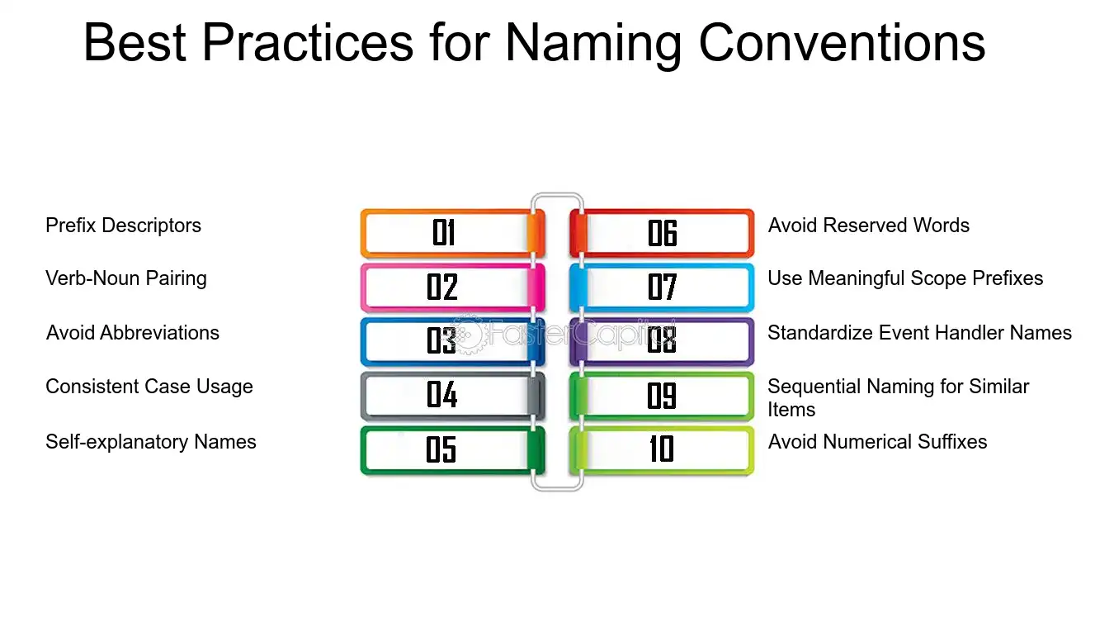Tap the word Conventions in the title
pos(842,43)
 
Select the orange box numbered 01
pos(452,233)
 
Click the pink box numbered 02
pos(452,287)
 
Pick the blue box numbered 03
pos(452,342)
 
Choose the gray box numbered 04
pos(452,396)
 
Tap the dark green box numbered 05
pos(452,450)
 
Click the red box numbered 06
pos(662,233)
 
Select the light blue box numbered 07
pos(662,287)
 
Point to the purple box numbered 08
pos(662,342)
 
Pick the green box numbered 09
pos(662,396)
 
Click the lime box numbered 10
pos(662,450)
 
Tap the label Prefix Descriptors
pos(123,226)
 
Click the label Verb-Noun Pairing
pos(126,279)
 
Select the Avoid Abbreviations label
pos(133,333)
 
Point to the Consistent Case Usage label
pos(149,387)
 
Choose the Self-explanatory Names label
pos(151,442)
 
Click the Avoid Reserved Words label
pos(869,226)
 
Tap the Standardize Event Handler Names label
pos(919,333)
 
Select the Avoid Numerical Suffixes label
pos(877,442)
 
